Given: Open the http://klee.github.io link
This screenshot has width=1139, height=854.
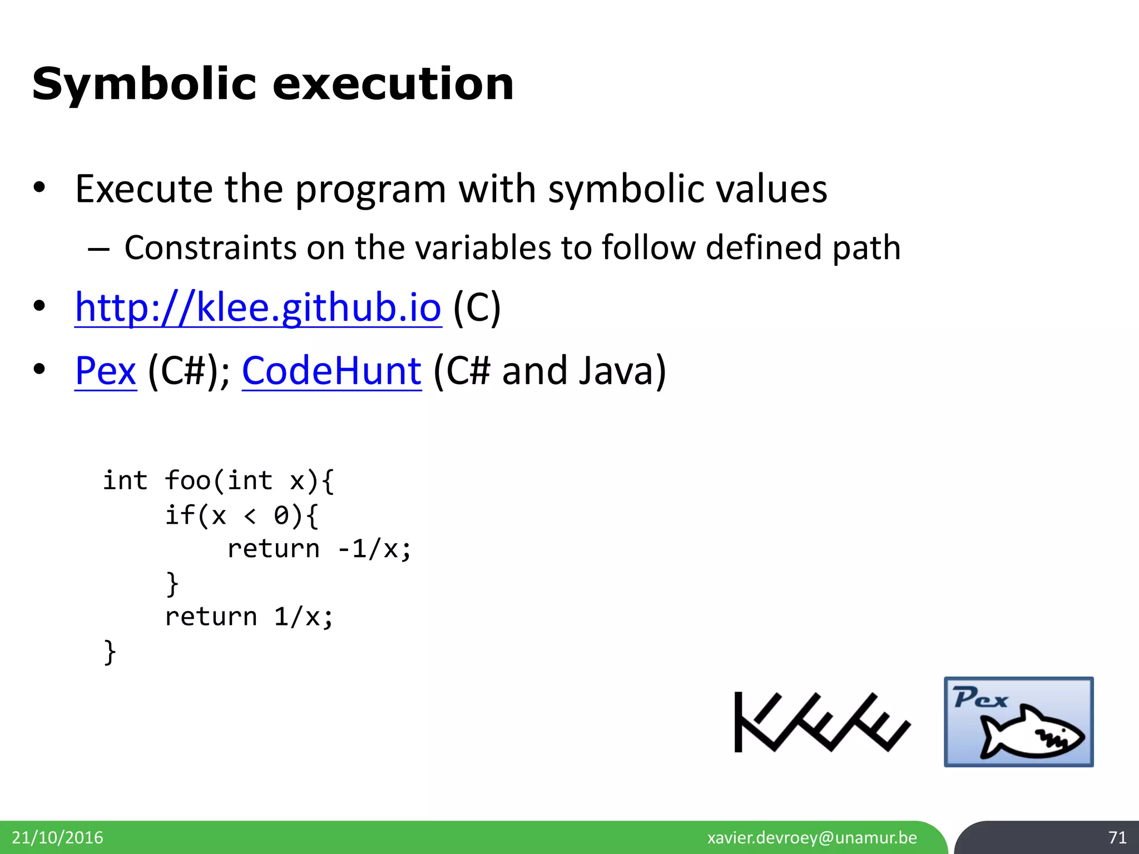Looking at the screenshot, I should [258, 307].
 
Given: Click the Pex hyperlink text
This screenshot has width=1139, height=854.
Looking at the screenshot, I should [106, 371].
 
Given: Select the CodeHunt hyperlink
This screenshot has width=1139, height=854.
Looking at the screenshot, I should [331, 371].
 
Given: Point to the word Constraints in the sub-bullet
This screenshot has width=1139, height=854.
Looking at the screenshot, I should [210, 247].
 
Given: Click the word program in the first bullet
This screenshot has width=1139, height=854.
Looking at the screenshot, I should [370, 189].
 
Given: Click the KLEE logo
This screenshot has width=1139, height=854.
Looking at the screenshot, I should [822, 722].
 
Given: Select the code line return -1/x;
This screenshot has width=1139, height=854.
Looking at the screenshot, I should [319, 549].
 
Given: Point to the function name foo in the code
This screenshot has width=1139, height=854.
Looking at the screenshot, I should [187, 480].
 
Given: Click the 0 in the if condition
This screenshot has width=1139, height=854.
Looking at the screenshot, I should [281, 515].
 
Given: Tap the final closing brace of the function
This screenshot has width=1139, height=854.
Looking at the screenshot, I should [110, 652].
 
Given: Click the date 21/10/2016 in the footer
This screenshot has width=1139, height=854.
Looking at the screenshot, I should [57, 837].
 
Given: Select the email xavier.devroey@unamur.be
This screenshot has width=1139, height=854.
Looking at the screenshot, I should [812, 837].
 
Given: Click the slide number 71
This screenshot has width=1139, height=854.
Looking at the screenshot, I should [1117, 837].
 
